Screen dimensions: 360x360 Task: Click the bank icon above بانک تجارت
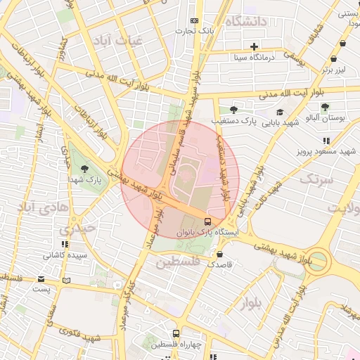[195, 21]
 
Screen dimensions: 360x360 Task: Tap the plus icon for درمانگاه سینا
[254, 46]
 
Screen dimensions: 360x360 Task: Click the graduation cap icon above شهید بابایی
[280, 112]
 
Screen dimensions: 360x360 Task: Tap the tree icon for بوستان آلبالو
[324, 107]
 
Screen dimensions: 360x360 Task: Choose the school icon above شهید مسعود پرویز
[326, 141]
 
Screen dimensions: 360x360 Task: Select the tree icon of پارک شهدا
[85, 169]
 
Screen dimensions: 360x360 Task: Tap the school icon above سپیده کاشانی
[52, 242]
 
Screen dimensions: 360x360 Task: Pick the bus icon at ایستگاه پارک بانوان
[205, 221]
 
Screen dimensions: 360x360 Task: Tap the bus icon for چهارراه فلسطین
[176, 334]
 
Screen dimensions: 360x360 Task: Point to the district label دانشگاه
[245, 22]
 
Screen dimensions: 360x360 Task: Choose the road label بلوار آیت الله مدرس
[296, 309]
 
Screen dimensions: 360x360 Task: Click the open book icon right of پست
[66, 280]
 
